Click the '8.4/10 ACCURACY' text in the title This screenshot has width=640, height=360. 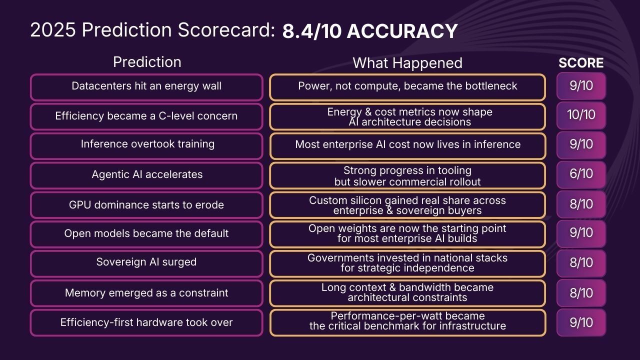click(x=370, y=31)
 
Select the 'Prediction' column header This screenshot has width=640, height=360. click(x=147, y=62)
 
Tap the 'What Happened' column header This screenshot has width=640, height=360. click(x=407, y=63)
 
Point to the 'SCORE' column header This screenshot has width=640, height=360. click(x=581, y=63)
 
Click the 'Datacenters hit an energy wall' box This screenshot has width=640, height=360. click(x=146, y=86)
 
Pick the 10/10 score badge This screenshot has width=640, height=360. click(x=581, y=115)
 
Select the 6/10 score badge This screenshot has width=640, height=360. click(x=581, y=174)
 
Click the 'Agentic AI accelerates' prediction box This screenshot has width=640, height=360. click(x=146, y=175)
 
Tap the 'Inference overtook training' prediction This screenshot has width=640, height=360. click(x=146, y=145)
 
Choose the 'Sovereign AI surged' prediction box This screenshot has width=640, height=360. click(x=146, y=263)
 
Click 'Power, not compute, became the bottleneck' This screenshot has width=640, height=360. click(x=407, y=86)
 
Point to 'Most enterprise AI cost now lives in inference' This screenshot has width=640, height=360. click(x=407, y=145)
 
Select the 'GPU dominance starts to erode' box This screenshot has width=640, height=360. click(x=146, y=204)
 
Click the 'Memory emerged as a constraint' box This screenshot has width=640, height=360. click(x=146, y=293)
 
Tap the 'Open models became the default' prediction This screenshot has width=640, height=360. click(x=146, y=234)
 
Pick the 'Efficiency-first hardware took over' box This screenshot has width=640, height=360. click(x=146, y=322)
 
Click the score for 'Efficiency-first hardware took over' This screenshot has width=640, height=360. click(x=581, y=322)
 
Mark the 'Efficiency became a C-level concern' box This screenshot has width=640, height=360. click(x=146, y=116)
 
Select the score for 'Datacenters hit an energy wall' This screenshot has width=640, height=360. click(x=581, y=85)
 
